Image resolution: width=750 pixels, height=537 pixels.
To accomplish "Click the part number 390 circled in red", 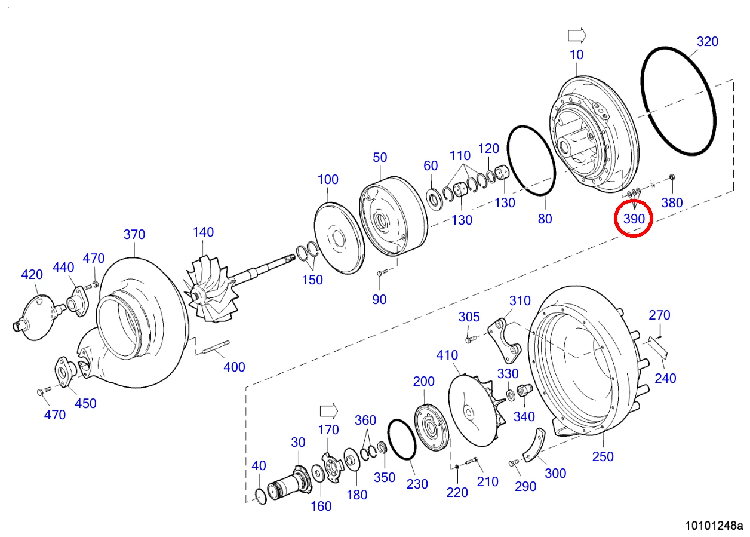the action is tap(634, 219).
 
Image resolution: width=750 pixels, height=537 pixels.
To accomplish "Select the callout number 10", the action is tap(577, 54).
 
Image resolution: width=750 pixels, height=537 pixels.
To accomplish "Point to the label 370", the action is tap(134, 234).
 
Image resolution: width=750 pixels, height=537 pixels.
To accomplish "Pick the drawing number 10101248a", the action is tap(714, 526).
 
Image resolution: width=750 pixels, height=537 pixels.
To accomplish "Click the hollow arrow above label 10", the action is tap(577, 35).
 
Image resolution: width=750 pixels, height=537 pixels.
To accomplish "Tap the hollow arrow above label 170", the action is tap(329, 411).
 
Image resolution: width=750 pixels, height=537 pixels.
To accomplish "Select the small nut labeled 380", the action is tap(671, 177).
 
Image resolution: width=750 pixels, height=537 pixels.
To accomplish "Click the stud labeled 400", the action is tap(216, 346).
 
